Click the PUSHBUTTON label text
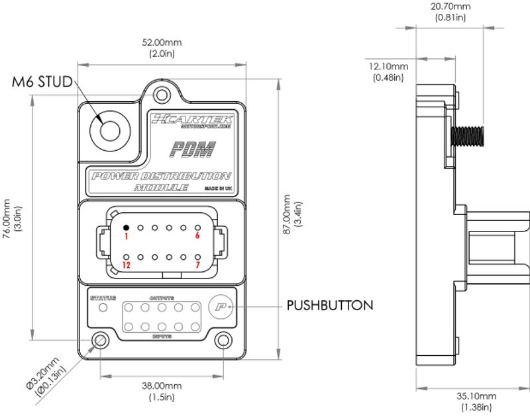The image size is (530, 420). tap(330, 306)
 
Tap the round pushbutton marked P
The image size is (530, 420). tap(219, 306)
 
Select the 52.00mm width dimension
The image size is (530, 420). tap(162, 48)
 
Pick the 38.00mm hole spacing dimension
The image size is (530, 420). tap(162, 391)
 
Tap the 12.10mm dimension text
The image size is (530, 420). tap(389, 71)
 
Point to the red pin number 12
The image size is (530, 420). tap(126, 265)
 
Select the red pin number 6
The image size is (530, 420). tap(197, 235)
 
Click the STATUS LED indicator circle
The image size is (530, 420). tap(103, 308)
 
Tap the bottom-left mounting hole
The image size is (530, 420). tap(100, 341)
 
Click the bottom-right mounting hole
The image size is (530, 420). tap(223, 341)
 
